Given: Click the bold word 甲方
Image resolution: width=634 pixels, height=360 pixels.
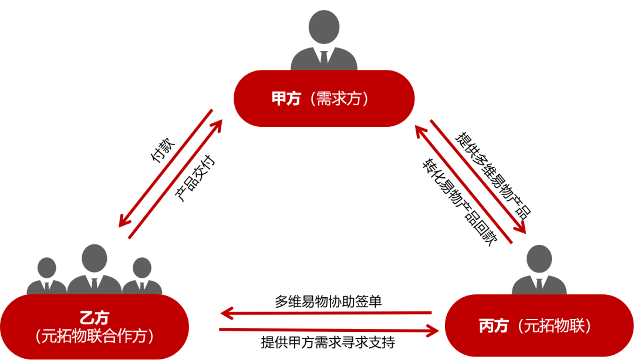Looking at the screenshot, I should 286,99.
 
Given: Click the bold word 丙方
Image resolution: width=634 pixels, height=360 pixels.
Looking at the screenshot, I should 493,327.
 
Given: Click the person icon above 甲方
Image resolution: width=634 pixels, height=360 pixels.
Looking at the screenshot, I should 323,41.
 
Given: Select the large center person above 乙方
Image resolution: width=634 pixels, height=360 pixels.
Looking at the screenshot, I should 95,268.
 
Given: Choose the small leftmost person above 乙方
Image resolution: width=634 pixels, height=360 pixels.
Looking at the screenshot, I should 47,276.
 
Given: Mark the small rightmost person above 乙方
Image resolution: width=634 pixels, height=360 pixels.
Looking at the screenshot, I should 141,276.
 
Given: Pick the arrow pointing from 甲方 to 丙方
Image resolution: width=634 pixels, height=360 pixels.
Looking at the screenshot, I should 478,176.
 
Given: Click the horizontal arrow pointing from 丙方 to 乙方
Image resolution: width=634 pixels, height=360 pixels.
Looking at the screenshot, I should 329,313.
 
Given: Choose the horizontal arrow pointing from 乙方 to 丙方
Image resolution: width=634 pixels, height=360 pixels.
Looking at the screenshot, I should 329,331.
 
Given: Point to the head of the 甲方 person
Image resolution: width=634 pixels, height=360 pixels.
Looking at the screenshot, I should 323,26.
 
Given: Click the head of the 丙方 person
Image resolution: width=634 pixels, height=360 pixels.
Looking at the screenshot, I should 539,258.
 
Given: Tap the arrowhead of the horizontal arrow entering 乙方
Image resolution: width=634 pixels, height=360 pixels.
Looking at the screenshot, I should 227,313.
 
